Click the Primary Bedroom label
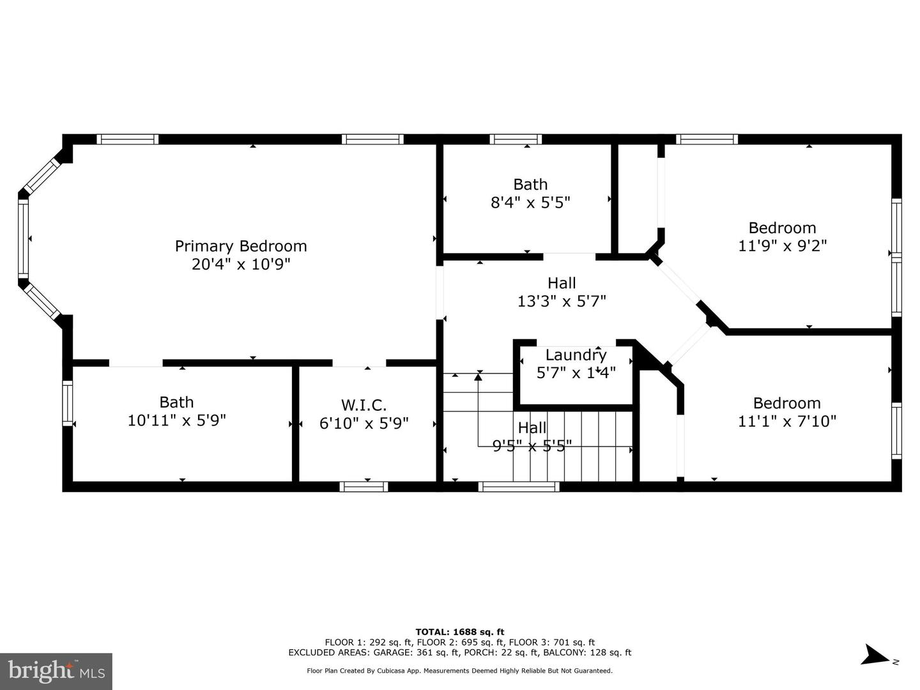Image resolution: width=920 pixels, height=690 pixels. click(x=241, y=247)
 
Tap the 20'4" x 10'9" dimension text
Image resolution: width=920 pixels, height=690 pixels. click(x=241, y=264)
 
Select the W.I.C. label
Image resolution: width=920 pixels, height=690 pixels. click(x=364, y=405)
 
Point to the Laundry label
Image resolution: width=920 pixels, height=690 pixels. click(x=576, y=355)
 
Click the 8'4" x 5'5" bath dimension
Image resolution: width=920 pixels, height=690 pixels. click(x=530, y=203)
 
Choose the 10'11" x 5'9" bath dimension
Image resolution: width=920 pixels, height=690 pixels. click(x=176, y=420)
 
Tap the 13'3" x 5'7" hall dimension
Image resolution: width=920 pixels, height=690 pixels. click(x=562, y=301)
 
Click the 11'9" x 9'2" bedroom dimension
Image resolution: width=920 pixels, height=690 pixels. click(x=782, y=245)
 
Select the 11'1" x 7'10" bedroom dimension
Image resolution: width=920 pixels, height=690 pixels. click(x=786, y=421)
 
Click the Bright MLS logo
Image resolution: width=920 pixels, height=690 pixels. click(x=56, y=671)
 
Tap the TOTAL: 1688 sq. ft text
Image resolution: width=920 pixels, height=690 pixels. click(x=460, y=632)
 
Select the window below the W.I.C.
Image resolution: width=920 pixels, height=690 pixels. click(x=364, y=486)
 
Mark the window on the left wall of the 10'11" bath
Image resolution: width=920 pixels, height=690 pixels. click(x=68, y=403)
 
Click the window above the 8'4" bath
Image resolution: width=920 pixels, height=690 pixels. click(x=516, y=139)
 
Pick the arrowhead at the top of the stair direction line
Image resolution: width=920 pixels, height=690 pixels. click(x=479, y=377)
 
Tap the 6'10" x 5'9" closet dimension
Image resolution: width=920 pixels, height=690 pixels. click(x=364, y=424)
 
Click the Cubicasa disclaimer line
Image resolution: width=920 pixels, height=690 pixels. click(x=459, y=671)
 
